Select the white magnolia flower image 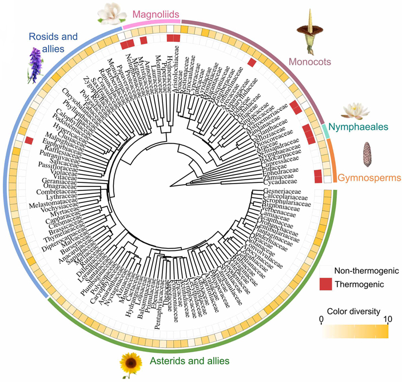[109, 13]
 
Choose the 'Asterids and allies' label [189, 361]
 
